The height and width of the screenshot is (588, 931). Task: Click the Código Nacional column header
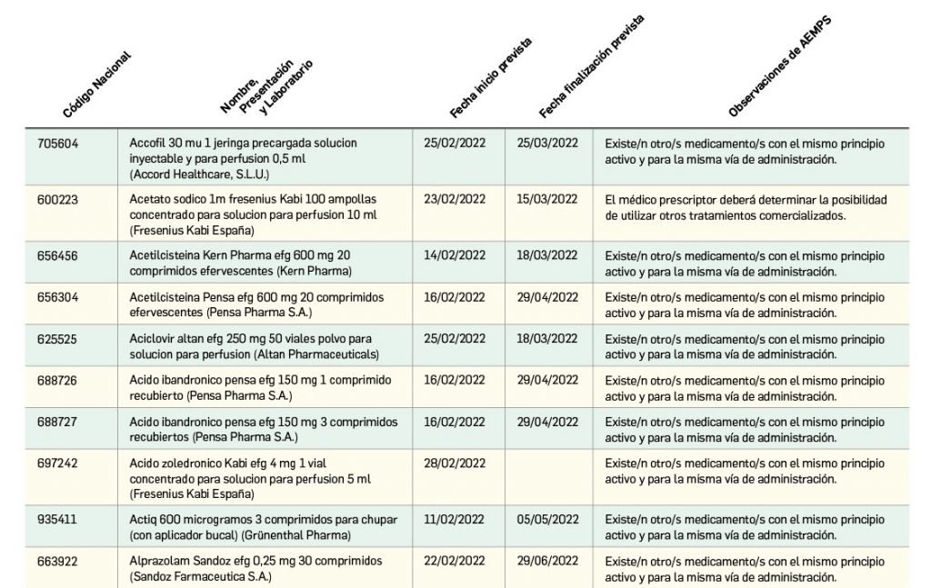pyautogui.click(x=96, y=85)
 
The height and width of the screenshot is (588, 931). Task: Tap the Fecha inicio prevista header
pyautogui.click(x=490, y=79)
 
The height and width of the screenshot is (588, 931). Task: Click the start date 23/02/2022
pyautogui.click(x=455, y=199)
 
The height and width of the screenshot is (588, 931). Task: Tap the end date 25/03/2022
pyautogui.click(x=547, y=144)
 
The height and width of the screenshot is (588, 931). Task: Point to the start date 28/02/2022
pyautogui.click(x=455, y=463)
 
